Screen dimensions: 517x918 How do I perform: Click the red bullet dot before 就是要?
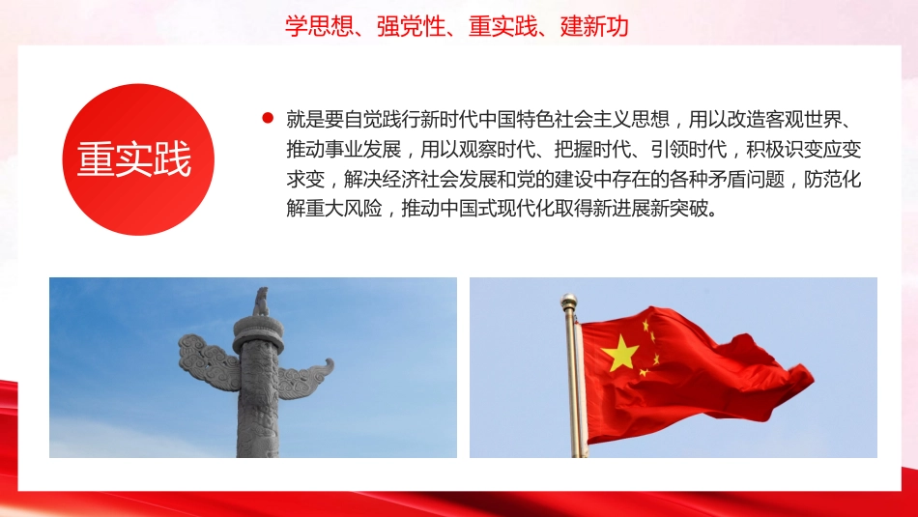268,119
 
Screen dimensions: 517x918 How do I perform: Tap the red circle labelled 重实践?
134,159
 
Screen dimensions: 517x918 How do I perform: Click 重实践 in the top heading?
501,26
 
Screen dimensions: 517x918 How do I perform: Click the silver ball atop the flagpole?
570,301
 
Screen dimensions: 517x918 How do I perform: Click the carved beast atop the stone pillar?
260,302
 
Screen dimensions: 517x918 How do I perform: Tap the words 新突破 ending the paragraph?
685,210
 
